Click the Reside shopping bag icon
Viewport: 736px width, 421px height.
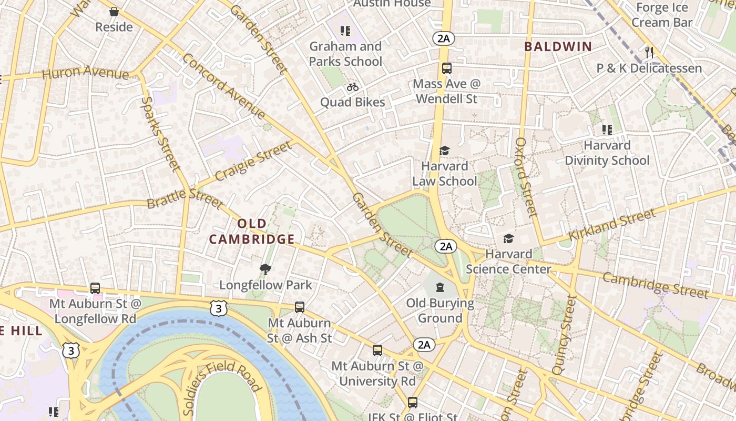click(114, 12)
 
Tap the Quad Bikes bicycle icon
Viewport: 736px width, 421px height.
click(353, 87)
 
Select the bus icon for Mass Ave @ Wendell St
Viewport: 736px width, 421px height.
click(446, 68)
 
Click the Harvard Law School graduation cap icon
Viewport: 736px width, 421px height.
click(445, 151)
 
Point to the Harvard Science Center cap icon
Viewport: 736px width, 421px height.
click(508, 239)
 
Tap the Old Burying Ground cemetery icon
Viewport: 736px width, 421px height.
click(440, 287)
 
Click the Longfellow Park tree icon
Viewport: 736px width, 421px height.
click(265, 270)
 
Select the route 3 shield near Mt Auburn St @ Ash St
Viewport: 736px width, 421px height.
click(219, 308)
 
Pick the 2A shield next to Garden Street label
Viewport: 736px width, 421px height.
click(445, 246)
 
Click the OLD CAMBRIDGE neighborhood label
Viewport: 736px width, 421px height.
click(251, 232)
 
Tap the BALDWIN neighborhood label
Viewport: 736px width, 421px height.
click(558, 46)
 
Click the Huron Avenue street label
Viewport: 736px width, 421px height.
click(85, 73)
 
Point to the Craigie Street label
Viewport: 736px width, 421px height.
click(253, 161)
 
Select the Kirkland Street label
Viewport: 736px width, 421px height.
click(612, 224)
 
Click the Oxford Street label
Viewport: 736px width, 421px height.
click(526, 177)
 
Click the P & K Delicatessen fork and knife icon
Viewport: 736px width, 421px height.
click(649, 52)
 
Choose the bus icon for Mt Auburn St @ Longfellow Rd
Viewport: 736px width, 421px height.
click(95, 288)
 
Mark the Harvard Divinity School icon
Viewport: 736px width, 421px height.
click(607, 129)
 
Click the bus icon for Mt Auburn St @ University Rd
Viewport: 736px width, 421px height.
click(377, 350)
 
